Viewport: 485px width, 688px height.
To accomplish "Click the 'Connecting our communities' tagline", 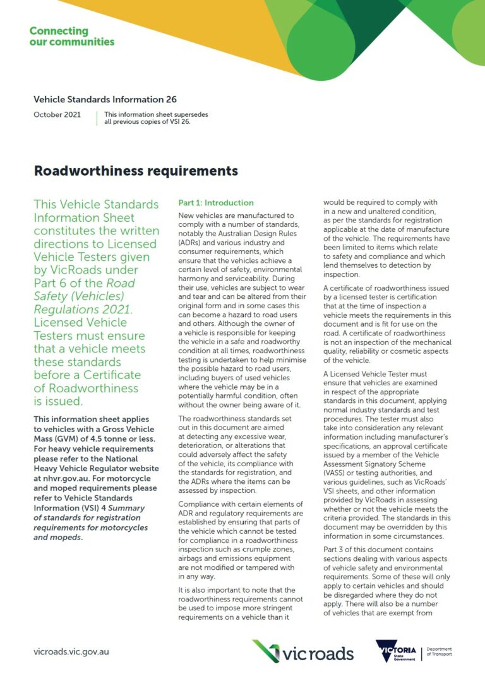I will pos(71,37).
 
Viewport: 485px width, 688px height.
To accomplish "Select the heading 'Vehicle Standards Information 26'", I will pos(105,99).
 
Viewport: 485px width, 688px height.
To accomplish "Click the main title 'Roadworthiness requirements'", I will pos(136,171).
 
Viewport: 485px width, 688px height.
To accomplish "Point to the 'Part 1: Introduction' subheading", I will pos(216,203).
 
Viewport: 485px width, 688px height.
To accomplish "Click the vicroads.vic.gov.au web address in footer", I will pos(71,651).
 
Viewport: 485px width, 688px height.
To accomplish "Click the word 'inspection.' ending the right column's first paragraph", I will pos(341,275).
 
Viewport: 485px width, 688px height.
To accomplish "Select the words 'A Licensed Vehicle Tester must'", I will pos(374,373).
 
